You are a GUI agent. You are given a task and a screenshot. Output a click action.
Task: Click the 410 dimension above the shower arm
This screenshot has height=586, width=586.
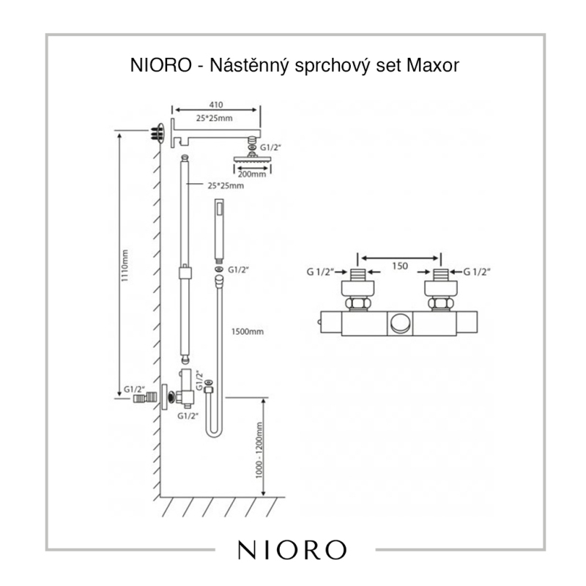point(215,105)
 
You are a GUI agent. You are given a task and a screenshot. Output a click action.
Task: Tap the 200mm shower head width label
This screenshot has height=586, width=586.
point(253,174)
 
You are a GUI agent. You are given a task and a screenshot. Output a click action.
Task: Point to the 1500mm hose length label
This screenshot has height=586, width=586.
point(248,331)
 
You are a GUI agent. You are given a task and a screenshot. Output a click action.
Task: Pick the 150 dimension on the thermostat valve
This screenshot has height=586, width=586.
point(400,267)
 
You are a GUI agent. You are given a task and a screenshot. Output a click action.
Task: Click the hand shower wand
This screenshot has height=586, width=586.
point(218,230)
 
